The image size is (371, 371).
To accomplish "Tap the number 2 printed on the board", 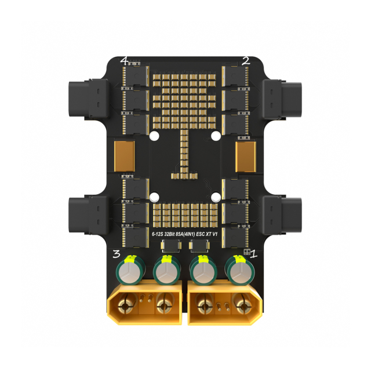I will (246, 61).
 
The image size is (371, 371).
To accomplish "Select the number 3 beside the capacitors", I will (117, 254).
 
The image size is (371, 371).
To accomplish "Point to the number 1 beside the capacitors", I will (254, 254).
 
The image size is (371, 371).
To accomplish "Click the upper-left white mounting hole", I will (154, 136).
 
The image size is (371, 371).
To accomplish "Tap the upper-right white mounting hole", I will (216, 136).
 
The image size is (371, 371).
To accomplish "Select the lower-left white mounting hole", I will (154, 197).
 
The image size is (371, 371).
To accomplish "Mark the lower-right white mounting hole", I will (216, 197).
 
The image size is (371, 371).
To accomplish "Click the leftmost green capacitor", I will (128, 270).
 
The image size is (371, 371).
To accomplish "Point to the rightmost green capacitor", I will (239, 270).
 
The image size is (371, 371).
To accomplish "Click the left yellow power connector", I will (144, 302).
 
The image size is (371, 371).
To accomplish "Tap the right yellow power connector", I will (224, 303).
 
